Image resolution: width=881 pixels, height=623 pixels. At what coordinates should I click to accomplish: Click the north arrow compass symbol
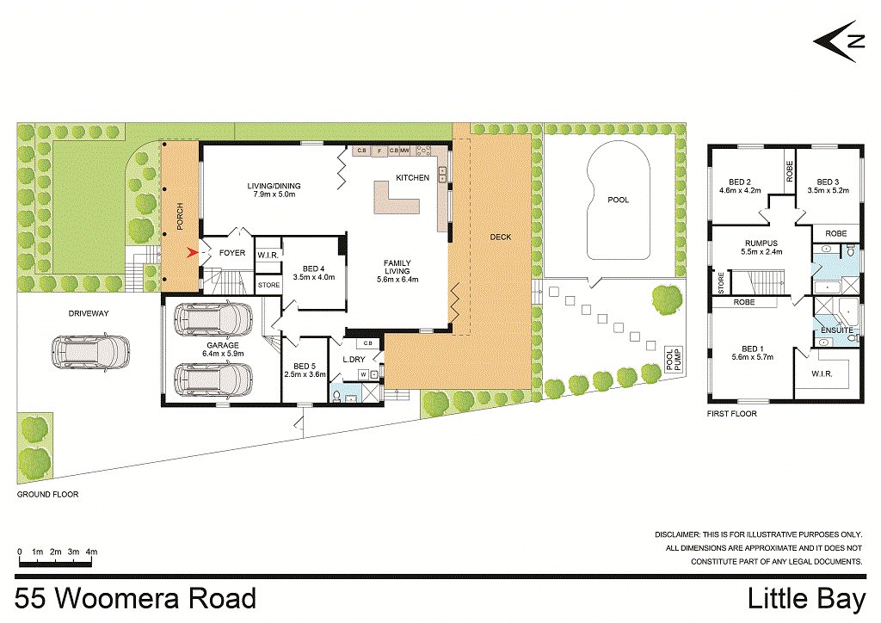[838, 41]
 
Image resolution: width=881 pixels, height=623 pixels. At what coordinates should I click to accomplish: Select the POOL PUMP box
[673, 360]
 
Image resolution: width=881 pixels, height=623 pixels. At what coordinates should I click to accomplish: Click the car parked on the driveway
[91, 352]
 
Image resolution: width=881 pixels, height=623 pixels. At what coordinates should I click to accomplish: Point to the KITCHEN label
[412, 177]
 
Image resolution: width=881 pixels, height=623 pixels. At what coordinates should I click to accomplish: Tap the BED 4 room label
[313, 268]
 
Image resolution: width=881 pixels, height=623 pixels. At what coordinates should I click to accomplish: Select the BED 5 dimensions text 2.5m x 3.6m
[305, 374]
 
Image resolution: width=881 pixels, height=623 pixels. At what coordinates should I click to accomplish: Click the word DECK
[501, 237]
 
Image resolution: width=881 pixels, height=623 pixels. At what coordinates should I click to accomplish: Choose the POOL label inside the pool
[618, 200]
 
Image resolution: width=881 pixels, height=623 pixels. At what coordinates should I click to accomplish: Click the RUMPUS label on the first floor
[761, 244]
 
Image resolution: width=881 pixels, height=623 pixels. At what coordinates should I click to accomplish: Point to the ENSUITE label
[836, 330]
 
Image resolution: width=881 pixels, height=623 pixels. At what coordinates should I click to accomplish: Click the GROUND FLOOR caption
[48, 494]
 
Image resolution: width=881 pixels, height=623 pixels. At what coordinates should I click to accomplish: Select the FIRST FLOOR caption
[732, 413]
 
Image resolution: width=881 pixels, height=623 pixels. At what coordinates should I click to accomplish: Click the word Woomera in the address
[118, 598]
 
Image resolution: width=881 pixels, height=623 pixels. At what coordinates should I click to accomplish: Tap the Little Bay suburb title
[807, 600]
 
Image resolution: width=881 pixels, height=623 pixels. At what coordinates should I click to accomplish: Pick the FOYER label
[232, 253]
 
